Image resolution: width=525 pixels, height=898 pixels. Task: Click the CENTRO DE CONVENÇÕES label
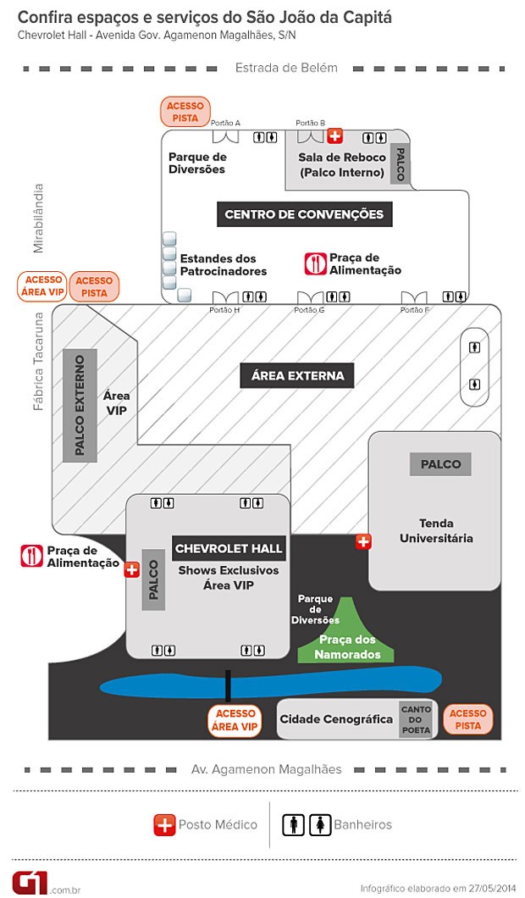pyautogui.click(x=304, y=214)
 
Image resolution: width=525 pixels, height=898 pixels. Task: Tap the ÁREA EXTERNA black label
pyautogui.click(x=297, y=375)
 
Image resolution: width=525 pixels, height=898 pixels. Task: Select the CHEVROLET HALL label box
pyautogui.click(x=229, y=549)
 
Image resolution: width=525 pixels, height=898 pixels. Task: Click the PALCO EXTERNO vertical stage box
pyautogui.click(x=80, y=406)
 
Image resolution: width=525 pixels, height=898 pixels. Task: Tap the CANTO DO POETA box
pyautogui.click(x=416, y=719)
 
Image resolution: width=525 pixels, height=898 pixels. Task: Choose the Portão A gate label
pyautogui.click(x=225, y=123)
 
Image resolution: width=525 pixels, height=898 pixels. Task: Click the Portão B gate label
pyautogui.click(x=310, y=123)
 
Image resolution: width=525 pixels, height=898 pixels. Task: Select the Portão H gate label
pyautogui.click(x=224, y=310)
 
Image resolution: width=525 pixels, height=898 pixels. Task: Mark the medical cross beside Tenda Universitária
pyautogui.click(x=363, y=541)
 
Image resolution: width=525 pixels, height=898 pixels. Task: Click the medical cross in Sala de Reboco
pyautogui.click(x=335, y=136)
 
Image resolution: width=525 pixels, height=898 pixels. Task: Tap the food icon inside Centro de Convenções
pyautogui.click(x=315, y=263)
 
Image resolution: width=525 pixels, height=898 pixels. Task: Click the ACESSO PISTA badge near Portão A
pyautogui.click(x=185, y=112)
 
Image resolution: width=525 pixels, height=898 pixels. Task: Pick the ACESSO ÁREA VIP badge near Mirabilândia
pyautogui.click(x=43, y=285)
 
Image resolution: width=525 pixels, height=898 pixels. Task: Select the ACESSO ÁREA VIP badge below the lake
pyautogui.click(x=235, y=720)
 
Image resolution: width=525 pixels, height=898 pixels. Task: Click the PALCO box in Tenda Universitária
pyautogui.click(x=440, y=464)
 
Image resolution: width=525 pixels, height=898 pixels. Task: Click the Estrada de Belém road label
pyautogui.click(x=286, y=68)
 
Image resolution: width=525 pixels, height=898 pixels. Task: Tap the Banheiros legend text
pyautogui.click(x=363, y=824)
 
